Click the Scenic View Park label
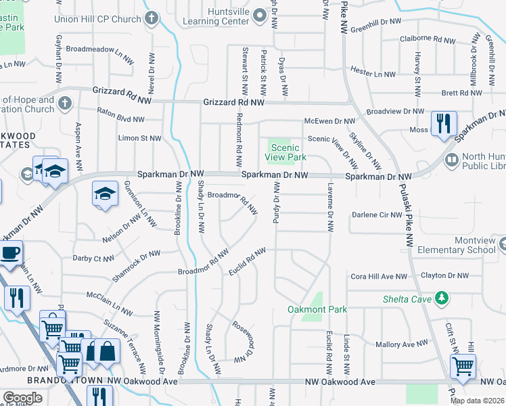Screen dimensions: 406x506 click(288, 152)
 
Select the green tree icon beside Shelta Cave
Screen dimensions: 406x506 click(442, 297)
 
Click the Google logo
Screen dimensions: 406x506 click(23, 398)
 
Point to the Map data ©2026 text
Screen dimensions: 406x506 click(478, 401)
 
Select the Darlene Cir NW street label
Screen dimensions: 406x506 click(377, 215)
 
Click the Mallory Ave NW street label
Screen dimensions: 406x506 click(402, 344)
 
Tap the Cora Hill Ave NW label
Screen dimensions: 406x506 click(379, 277)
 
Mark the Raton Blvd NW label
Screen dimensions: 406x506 click(120, 119)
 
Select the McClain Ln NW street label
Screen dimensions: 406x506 click(109, 300)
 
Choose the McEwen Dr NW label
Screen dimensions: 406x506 click(329, 121)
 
